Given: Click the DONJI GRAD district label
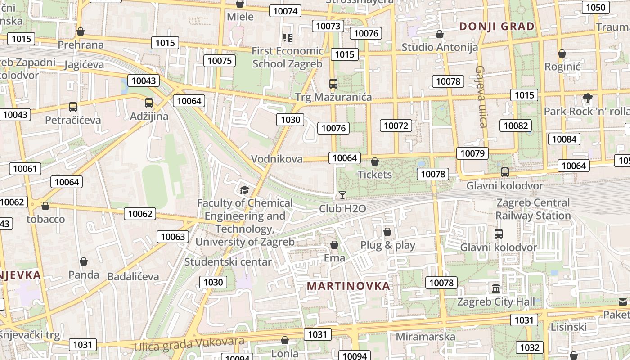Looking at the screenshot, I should coord(497,27).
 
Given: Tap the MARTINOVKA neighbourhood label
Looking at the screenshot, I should coord(348,286).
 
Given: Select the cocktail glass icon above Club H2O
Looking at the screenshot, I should coord(342,195).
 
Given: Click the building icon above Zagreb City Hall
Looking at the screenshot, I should coord(496,288).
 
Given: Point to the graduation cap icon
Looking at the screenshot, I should coord(244,190).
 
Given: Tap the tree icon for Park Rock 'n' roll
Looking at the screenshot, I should coord(587,98).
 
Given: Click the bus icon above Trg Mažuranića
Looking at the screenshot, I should coord(333,84).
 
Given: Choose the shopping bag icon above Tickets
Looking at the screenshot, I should coord(374,162).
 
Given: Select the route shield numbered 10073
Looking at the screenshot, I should coord(328,26).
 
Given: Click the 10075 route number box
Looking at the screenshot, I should coord(220,61).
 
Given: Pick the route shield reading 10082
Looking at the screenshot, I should coord(516,126).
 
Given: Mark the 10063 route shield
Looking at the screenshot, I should coord(173,237).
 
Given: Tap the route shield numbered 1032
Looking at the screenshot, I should coord(529,347).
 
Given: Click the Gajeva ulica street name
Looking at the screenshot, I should coord(481,97).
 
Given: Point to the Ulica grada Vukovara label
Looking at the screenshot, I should coord(189,344).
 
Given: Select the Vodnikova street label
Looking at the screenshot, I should coord(277,159).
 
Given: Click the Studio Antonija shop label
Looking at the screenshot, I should coord(440,47).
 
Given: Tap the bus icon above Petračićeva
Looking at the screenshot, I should coord(73,107).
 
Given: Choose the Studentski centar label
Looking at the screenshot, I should coord(228,262).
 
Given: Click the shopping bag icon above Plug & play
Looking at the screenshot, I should coord(387,232).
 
